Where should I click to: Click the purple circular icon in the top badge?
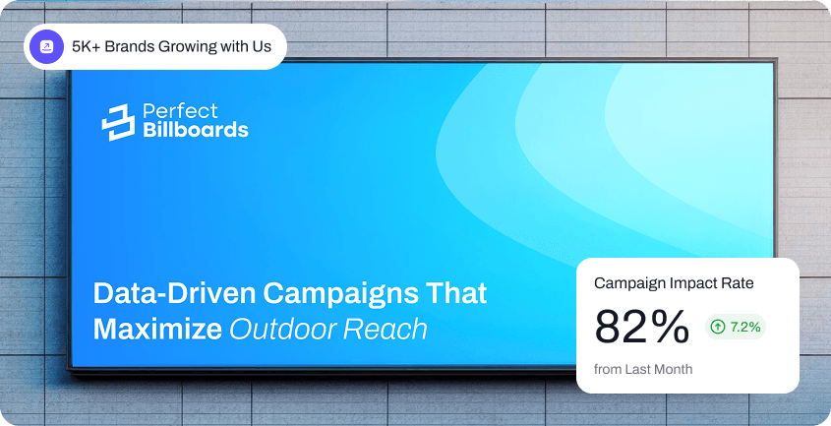coord(46,46)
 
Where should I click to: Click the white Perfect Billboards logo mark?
coord(118,122)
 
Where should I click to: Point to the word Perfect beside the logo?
coord(180,111)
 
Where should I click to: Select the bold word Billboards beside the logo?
coord(196,130)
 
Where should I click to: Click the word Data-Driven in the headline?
coord(174,293)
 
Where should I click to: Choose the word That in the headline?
coord(455,293)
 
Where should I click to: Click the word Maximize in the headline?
coord(157,329)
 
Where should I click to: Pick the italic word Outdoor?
coord(283,329)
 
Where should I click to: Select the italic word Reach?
coord(386,329)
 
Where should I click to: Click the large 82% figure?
coord(642,327)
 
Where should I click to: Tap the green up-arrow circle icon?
coord(718,327)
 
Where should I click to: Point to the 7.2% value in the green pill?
coord(745,327)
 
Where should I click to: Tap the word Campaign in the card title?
coord(630,283)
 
